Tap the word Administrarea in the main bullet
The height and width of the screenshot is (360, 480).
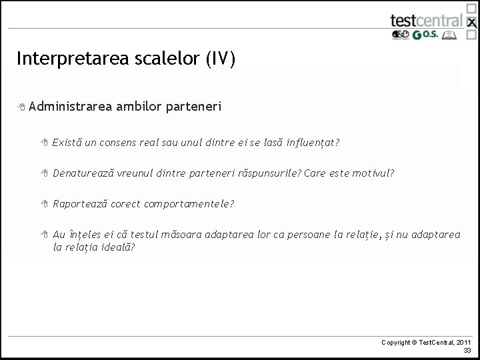pyautogui.click(x=71, y=107)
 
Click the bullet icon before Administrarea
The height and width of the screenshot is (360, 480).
pyautogui.click(x=22, y=107)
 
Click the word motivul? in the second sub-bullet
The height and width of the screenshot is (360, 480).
pyautogui.click(x=374, y=173)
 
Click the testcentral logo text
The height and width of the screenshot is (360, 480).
pyautogui.click(x=426, y=20)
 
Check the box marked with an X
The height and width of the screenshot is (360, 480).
pyautogui.click(x=472, y=23)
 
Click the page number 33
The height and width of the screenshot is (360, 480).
pyautogui.click(x=467, y=350)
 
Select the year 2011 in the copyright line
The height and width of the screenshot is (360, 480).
pyautogui.click(x=463, y=342)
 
